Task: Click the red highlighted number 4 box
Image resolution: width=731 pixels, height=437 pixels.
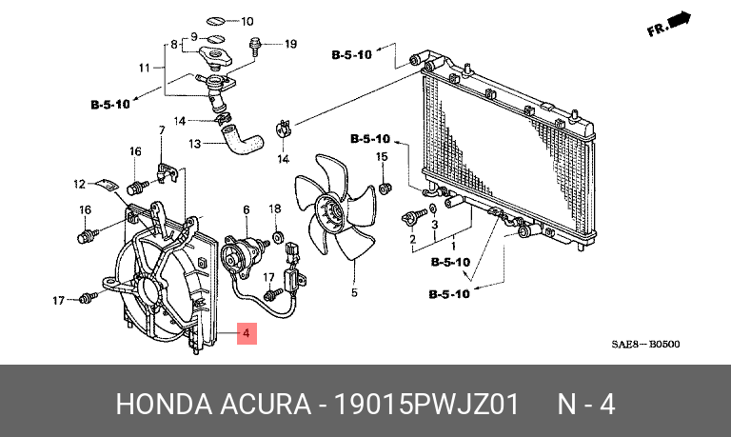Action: (246, 334)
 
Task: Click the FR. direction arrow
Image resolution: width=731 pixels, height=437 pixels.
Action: (668, 25)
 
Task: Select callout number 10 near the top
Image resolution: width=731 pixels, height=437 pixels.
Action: (246, 21)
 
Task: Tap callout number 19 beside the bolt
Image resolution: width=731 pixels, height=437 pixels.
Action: (290, 44)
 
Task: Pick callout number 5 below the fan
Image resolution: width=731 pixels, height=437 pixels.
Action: (353, 292)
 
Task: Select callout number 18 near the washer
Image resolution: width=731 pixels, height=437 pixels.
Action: (275, 209)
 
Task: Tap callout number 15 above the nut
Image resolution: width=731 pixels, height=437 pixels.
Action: (382, 157)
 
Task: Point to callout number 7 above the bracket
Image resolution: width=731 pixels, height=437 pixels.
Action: (162, 129)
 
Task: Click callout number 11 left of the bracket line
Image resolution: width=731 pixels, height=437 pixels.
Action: (145, 68)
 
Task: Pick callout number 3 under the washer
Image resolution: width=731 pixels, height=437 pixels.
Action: (434, 225)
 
